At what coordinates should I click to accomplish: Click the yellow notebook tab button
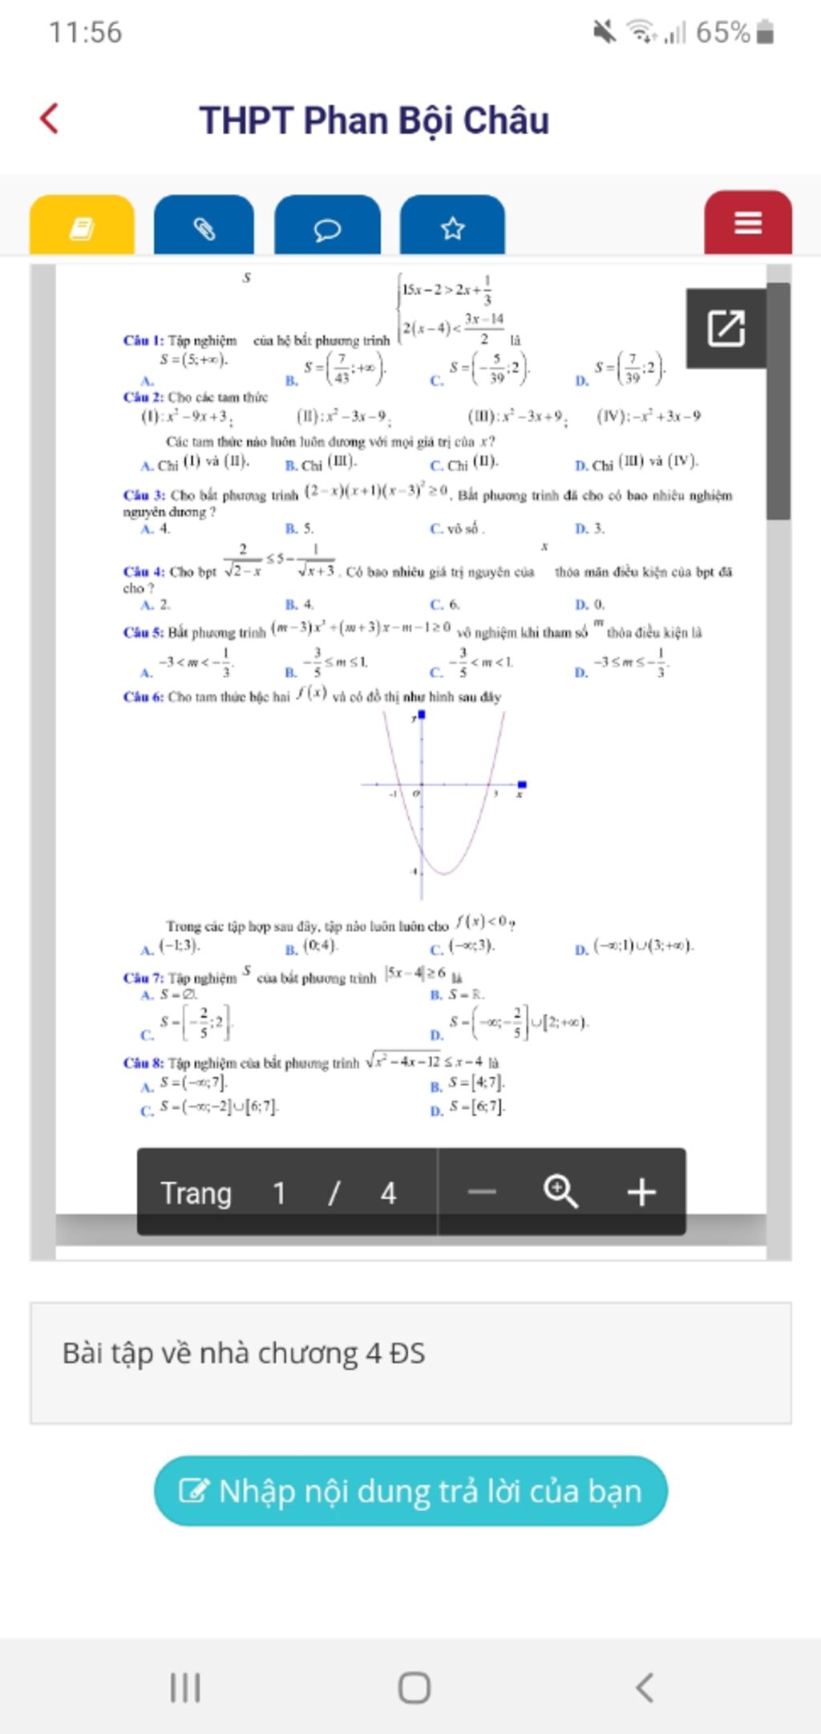pos(82,227)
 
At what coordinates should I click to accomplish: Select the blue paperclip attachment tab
pos(204,228)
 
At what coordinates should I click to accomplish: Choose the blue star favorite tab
pos(452,228)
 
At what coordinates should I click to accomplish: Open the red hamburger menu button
pos(747,223)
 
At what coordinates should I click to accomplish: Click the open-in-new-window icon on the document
pos(726,328)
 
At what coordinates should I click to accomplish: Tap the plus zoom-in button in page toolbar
pos(641,1192)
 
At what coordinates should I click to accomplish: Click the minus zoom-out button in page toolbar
pos(482,1192)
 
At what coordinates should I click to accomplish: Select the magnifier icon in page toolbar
pos(560,1192)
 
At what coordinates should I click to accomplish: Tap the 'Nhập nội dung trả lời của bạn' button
pos(410,1491)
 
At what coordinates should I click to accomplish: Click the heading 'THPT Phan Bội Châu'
pos(374,120)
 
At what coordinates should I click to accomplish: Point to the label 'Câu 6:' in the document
pos(144,697)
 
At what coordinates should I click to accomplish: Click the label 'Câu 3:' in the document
pos(144,496)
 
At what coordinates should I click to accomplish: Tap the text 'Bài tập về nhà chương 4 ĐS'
pos(244,1353)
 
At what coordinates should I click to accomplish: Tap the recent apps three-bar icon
pos(185,1687)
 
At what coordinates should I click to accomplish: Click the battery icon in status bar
pos(765,32)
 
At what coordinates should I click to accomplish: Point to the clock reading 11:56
pos(85,32)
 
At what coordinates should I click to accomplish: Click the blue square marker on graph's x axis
pos(522,784)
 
